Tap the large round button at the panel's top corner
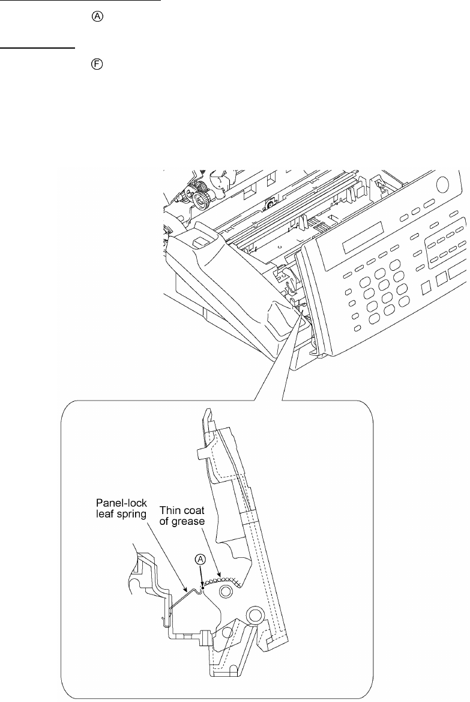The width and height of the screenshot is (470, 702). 442,184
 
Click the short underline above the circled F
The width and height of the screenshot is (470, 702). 37,46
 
